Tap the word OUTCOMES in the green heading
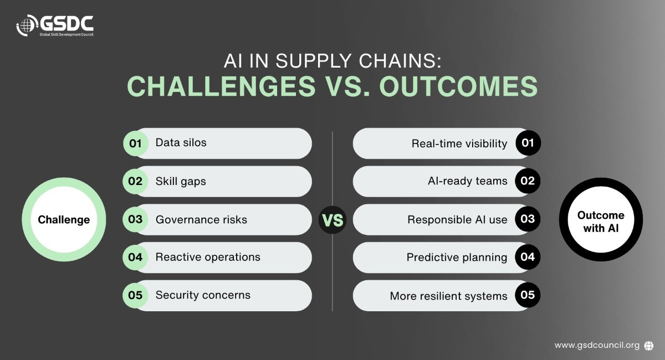pos(458,86)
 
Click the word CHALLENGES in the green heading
pos(221,86)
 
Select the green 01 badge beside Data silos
pos(136,143)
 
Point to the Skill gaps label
pos(181,181)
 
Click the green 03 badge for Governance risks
pos(135,219)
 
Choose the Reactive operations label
pos(208,257)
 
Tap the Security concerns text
pos(203,295)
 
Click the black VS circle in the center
pos(332,220)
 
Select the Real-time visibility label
pos(459,143)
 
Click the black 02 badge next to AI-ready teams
pos(528,181)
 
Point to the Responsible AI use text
pos(457,220)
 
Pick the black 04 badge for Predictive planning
pos(528,257)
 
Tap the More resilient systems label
pos(448,296)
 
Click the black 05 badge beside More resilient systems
pos(528,295)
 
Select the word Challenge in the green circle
pos(64,220)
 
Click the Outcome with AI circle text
pos(601,222)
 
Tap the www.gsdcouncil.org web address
pos(597,345)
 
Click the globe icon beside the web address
pos(649,346)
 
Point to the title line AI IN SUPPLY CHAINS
pos(332,61)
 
